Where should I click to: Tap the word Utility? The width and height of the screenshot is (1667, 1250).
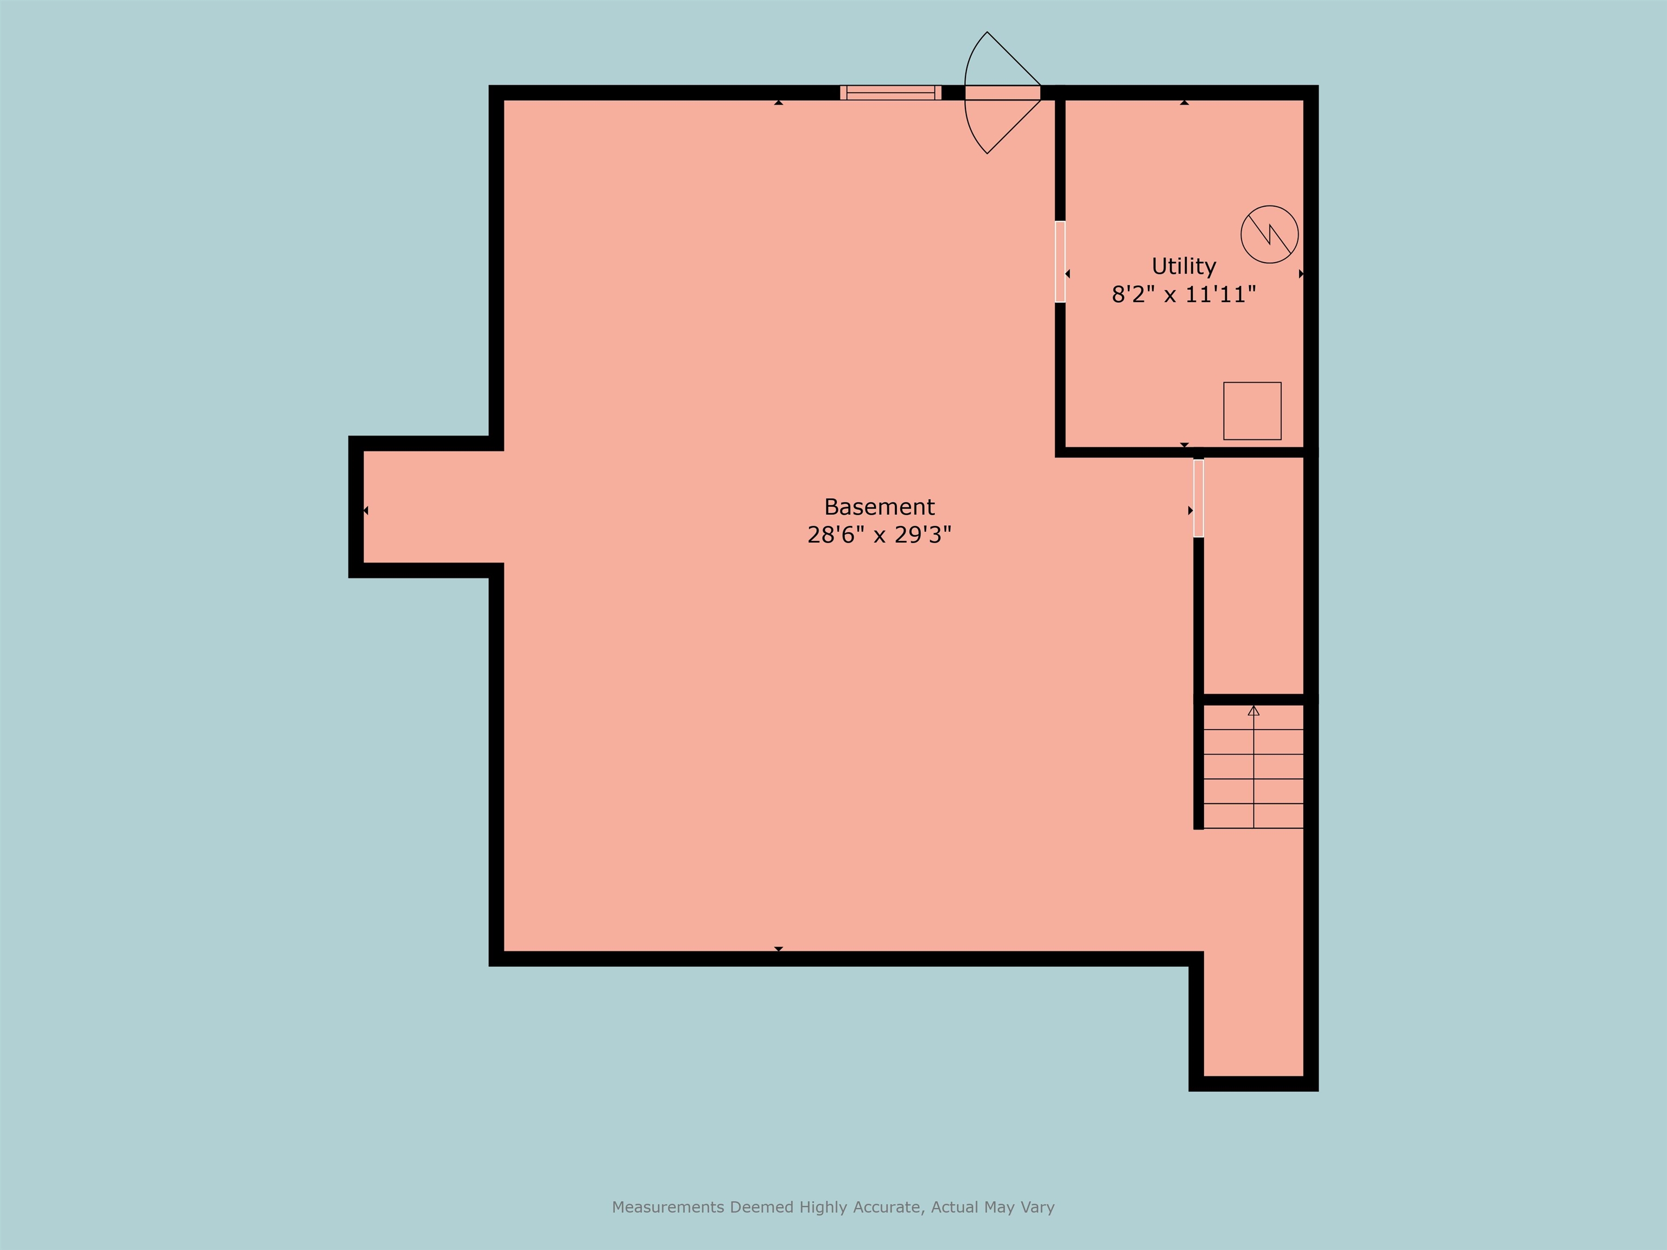click(x=1183, y=266)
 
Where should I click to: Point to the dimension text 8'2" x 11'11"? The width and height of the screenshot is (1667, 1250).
click(x=1183, y=295)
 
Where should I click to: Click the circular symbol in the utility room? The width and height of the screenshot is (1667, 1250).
click(x=1269, y=234)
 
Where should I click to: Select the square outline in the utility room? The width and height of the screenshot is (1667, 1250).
click(x=1252, y=411)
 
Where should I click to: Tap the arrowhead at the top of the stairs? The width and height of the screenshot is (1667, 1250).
click(x=1254, y=711)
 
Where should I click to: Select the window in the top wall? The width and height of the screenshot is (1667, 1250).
click(x=891, y=93)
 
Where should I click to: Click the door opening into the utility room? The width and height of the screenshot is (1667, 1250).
click(x=1060, y=262)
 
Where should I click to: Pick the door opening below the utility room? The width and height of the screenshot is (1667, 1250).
click(x=1198, y=498)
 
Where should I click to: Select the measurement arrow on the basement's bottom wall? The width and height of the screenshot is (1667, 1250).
click(x=779, y=948)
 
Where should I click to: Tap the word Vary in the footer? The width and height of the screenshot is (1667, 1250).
click(x=1037, y=1207)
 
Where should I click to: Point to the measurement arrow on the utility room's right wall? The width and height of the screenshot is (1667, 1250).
click(x=1301, y=275)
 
